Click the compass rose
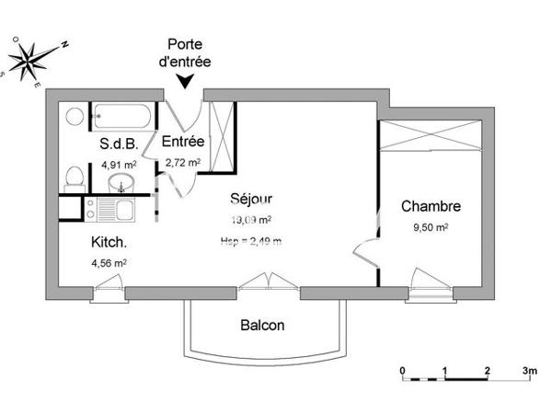point(35,60)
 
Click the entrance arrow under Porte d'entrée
point(188,81)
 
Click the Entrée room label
point(184,142)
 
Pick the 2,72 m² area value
point(184,163)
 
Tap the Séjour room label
point(250,199)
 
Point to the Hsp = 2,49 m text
point(251,242)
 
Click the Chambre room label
point(431,206)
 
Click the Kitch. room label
point(108,243)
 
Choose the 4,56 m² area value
point(108,262)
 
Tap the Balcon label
point(262,325)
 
